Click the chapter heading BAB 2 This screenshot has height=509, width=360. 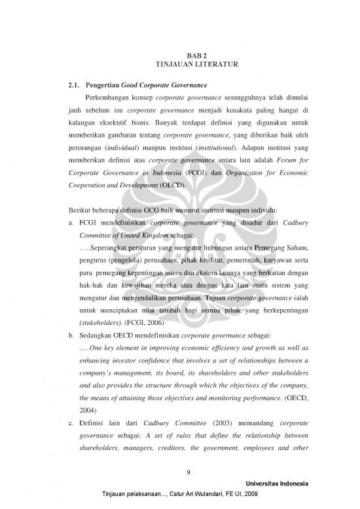pos(179,56)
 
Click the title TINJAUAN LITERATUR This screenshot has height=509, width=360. pos(179,66)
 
